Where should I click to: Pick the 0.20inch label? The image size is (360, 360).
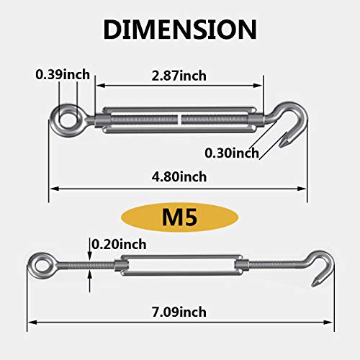(x=117, y=246)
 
